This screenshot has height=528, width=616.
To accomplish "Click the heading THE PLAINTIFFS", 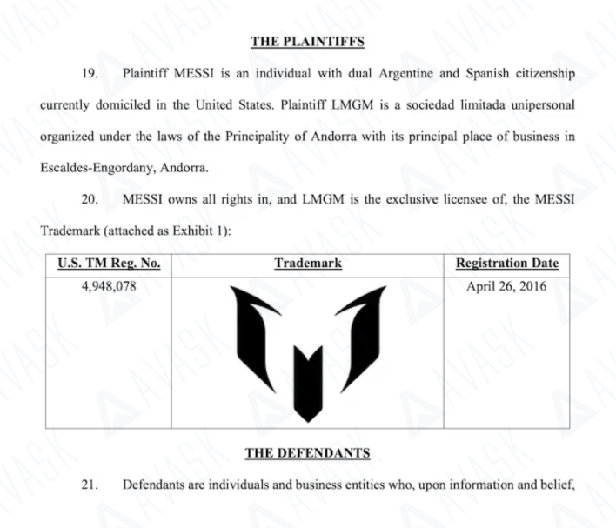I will click(x=307, y=41).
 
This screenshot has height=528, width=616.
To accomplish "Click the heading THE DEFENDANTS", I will click(x=307, y=453).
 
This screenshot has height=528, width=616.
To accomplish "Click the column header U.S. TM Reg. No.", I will click(x=109, y=264).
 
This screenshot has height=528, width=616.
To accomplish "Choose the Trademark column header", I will click(x=307, y=264).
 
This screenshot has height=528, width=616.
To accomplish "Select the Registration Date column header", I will click(x=507, y=264).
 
